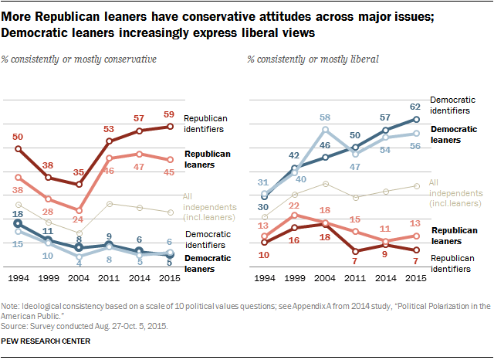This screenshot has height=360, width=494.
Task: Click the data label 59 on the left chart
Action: coord(168,115)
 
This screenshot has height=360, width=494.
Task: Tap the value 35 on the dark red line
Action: coord(77,173)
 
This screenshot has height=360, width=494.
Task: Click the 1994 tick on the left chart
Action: coord(18,276)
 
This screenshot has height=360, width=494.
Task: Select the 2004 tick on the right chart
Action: coord(326,276)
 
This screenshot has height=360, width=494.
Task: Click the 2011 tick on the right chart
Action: coord(356,276)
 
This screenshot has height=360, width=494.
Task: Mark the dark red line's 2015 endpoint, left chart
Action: coord(168,127)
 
